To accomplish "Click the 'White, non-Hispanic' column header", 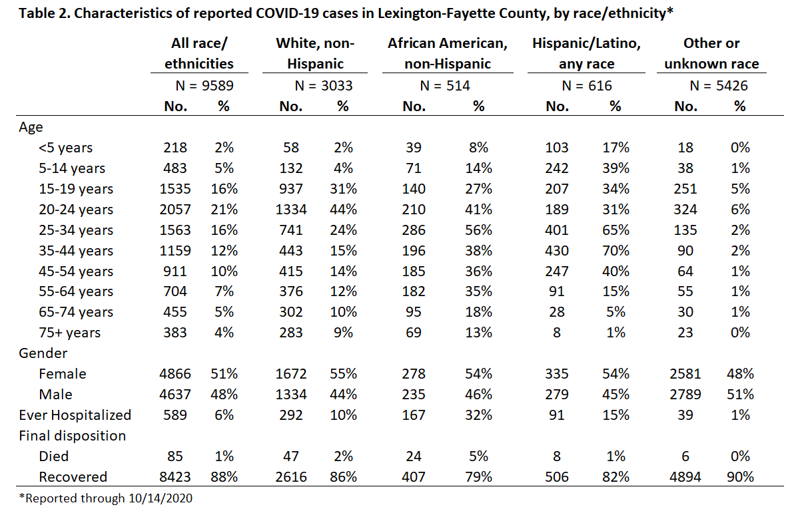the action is click(x=315, y=53).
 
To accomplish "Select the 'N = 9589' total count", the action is click(x=204, y=86).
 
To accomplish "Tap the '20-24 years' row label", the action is click(x=76, y=210).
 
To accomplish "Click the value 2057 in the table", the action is click(x=175, y=210).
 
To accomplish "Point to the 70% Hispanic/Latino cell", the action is click(x=615, y=251).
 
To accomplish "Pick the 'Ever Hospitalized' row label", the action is click(x=75, y=415).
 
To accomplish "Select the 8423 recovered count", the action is click(x=175, y=477).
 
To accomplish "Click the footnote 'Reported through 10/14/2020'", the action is click(x=106, y=498).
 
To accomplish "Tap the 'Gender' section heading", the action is click(x=43, y=353).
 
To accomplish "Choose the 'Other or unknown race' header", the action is click(x=711, y=53).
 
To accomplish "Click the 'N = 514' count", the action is click(x=445, y=86).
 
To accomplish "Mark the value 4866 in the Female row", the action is click(x=175, y=374).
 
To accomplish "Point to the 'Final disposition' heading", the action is click(x=72, y=436).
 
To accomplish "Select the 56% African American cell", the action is click(x=478, y=230).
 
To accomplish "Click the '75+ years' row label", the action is click(x=70, y=333).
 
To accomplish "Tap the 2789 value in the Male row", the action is click(x=685, y=395).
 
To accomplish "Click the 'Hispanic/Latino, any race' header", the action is click(x=586, y=53).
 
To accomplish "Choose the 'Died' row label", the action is click(x=53, y=456).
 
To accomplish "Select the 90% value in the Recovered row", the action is click(x=740, y=477).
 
